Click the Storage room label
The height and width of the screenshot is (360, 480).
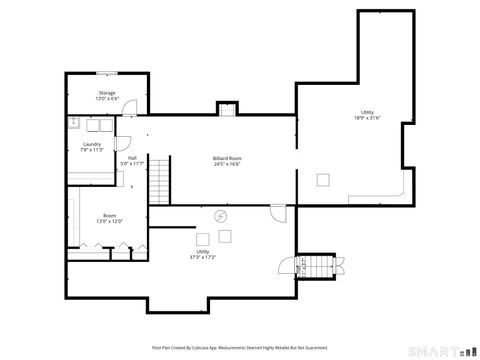click(x=107, y=92)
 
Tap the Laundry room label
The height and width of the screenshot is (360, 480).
click(x=92, y=144)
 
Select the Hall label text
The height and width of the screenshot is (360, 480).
click(x=132, y=157)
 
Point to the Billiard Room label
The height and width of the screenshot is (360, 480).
click(x=228, y=158)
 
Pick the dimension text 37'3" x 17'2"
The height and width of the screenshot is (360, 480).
click(x=202, y=257)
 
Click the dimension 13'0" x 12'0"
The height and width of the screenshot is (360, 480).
click(x=108, y=221)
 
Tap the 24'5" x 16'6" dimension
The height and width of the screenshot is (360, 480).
click(x=228, y=164)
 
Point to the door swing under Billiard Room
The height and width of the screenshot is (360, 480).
click(x=277, y=213)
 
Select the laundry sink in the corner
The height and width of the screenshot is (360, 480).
click(x=75, y=123)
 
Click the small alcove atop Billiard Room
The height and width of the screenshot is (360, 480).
click(x=228, y=110)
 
